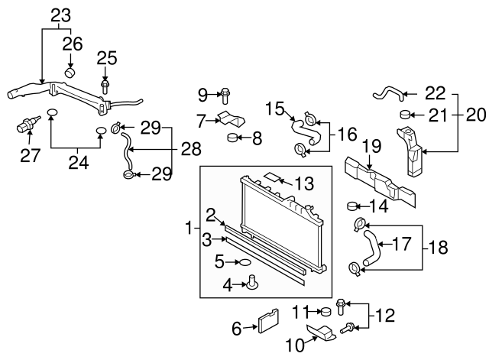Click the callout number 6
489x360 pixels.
pyautogui.click(x=236, y=328)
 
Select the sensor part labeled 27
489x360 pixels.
pyautogui.click(x=30, y=125)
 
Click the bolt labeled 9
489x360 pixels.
pyautogui.click(x=228, y=96)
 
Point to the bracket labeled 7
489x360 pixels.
pyautogui.click(x=232, y=120)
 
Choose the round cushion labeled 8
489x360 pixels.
pyautogui.click(x=234, y=138)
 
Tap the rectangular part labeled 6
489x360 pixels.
pyautogui.click(x=268, y=322)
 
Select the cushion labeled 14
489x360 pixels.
pyautogui.click(x=354, y=205)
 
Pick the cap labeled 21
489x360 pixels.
pyautogui.click(x=406, y=115)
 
